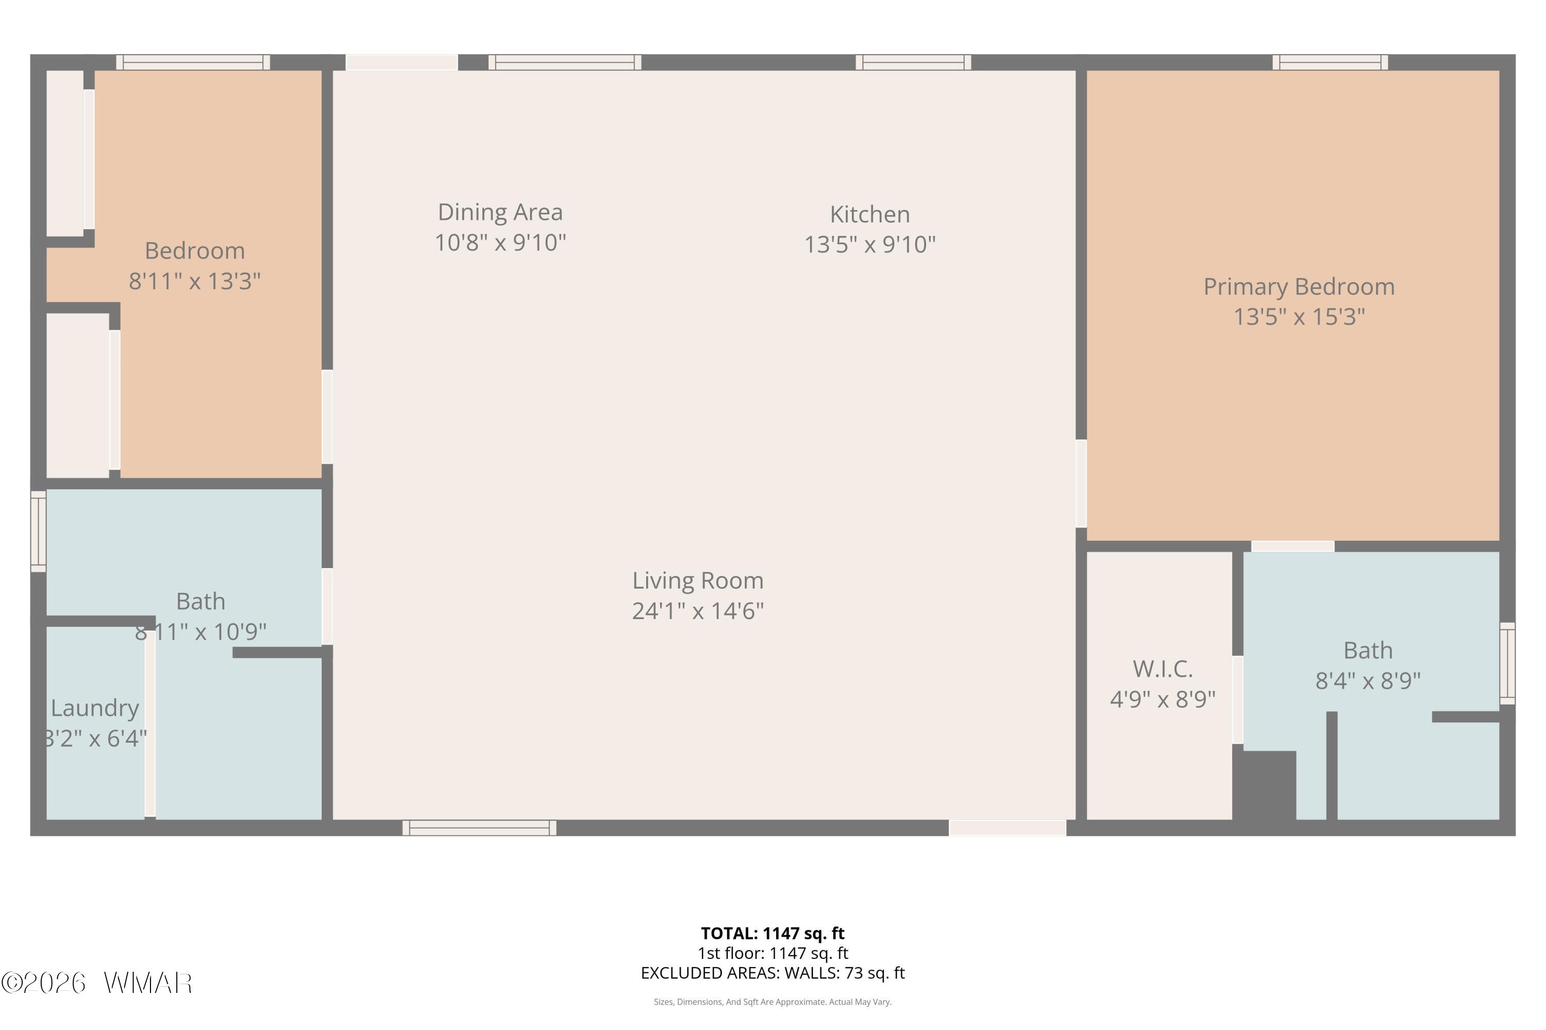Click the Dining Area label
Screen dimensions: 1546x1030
(500, 212)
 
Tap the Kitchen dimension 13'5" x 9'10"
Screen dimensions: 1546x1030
(870, 244)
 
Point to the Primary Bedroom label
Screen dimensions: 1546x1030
(1298, 286)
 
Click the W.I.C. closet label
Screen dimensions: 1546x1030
(1162, 668)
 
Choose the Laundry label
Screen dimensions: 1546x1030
(95, 708)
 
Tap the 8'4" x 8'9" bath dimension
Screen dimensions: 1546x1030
(1367, 680)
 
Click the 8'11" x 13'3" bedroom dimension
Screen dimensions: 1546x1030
(195, 281)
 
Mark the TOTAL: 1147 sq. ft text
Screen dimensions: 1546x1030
(772, 933)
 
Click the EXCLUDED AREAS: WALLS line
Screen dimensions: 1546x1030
(772, 973)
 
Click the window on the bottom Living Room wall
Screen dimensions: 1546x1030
(479, 828)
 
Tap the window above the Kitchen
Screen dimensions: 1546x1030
(913, 62)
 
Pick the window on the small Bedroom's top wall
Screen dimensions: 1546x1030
(193, 62)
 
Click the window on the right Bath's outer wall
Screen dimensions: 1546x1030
(1507, 663)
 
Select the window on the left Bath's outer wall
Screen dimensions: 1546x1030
(39, 531)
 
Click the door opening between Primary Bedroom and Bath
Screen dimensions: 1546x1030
(1292, 546)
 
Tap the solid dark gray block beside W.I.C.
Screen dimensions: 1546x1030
(1264, 786)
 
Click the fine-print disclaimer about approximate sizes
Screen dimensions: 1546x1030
(772, 1002)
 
